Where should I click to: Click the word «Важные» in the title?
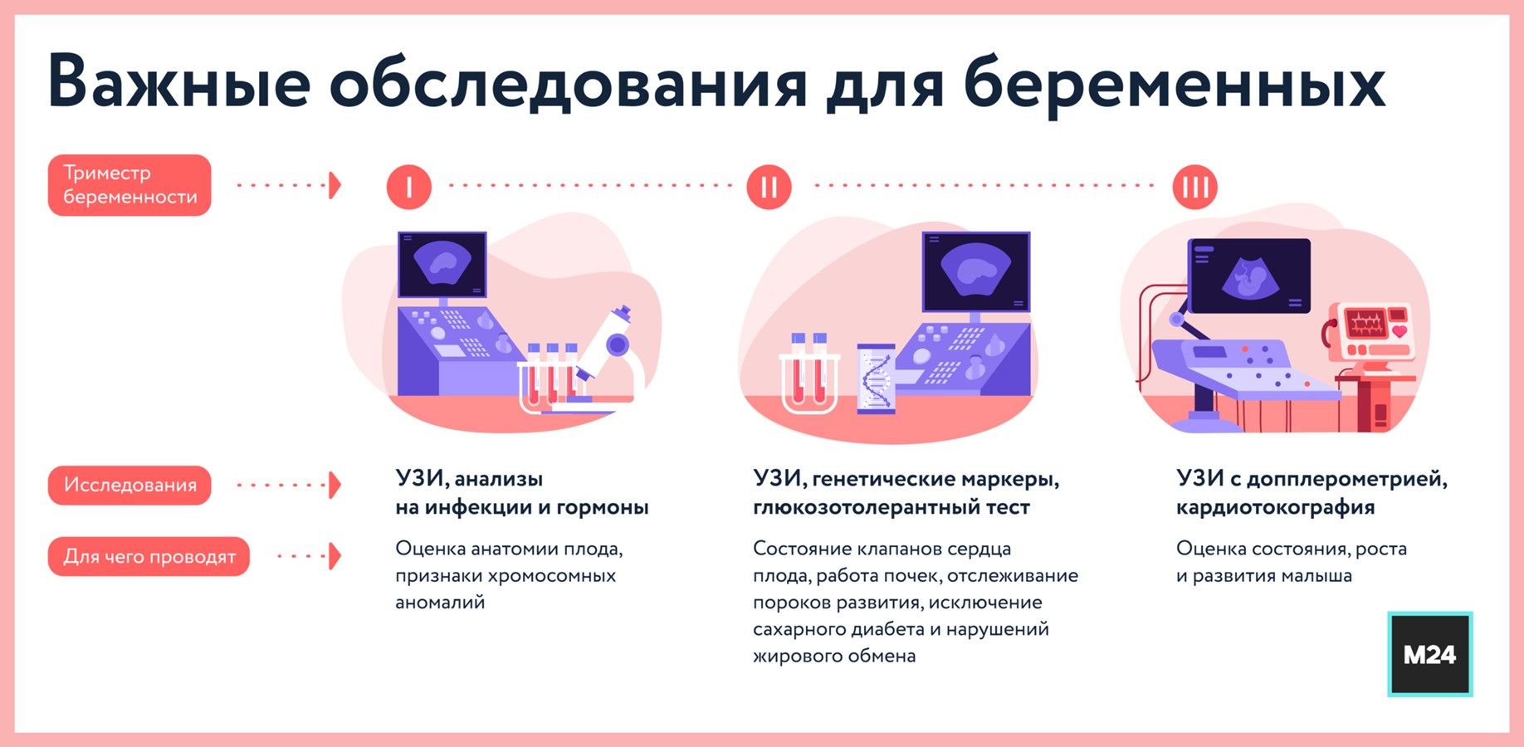tap(179, 82)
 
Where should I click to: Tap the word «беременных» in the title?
tap(1174, 82)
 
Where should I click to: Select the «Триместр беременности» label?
tap(129, 185)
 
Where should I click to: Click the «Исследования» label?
tap(129, 486)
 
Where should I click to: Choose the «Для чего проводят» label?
tap(149, 557)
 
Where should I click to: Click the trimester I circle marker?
tap(409, 187)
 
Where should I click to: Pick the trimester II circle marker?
tap(769, 187)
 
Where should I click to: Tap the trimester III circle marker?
tap(1194, 187)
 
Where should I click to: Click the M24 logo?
tap(1429, 655)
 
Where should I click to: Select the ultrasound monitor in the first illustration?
tap(442, 265)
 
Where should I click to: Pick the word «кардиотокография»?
tap(1275, 507)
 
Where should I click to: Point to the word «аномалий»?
tap(440, 603)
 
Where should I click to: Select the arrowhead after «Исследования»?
tap(335, 486)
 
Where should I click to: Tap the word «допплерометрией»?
tap(1346, 479)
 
